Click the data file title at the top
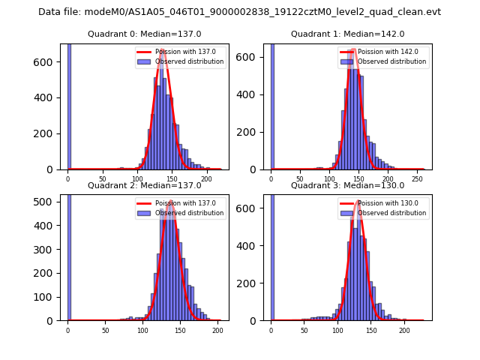click(x=239, y=12)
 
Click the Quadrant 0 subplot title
click(x=144, y=34)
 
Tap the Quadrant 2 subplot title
click(x=144, y=185)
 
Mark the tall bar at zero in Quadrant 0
click(x=68, y=105)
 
